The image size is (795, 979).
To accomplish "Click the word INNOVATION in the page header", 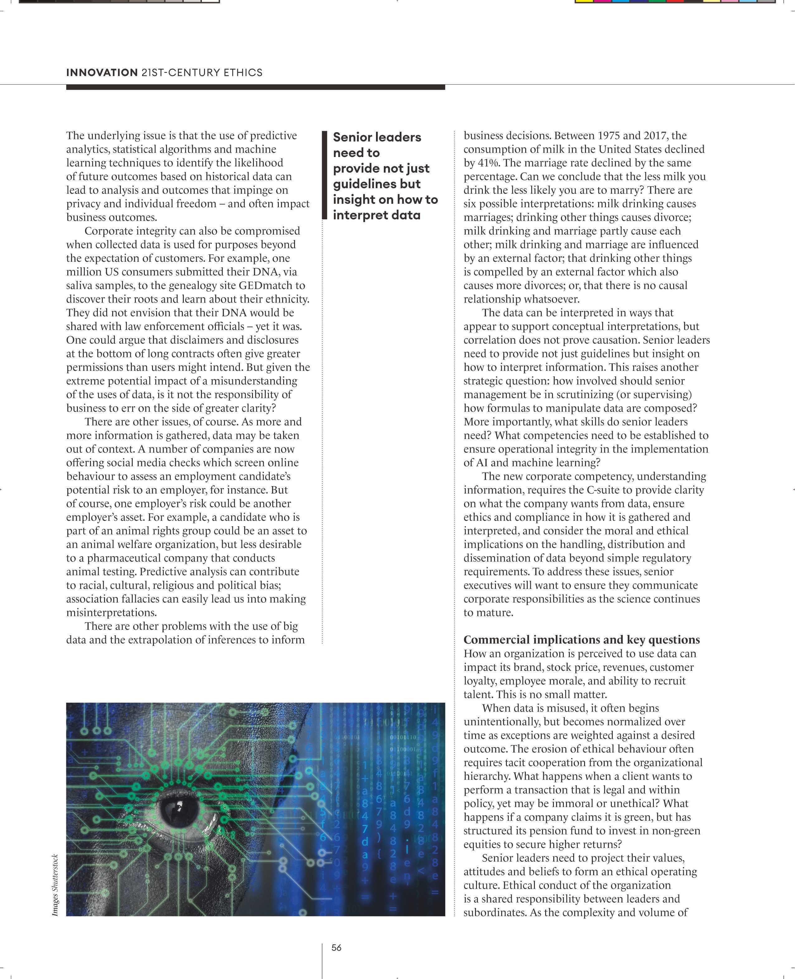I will (x=102, y=72).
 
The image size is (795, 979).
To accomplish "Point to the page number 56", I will (x=336, y=948).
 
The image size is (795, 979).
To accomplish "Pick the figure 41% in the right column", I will (x=489, y=163).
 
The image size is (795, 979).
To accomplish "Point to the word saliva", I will (x=80, y=285).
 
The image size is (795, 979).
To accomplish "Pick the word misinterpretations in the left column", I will (x=111, y=613).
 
